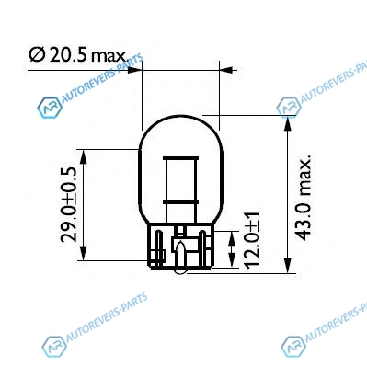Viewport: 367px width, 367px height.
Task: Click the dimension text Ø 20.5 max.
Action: pyautogui.click(x=78, y=55)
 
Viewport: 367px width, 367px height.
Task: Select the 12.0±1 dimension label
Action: pyautogui.click(x=253, y=239)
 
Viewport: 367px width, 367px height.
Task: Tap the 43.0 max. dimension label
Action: pyautogui.click(x=304, y=197)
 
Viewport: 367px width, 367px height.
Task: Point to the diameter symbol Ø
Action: pyautogui.click(x=37, y=55)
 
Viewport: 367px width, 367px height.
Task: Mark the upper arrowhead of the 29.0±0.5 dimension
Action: pyautogui.click(x=83, y=156)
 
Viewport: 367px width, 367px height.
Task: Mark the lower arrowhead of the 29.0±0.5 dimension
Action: pyautogui.click(x=83, y=253)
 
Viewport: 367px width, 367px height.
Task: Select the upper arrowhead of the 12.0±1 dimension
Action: pyautogui.click(x=232, y=238)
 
